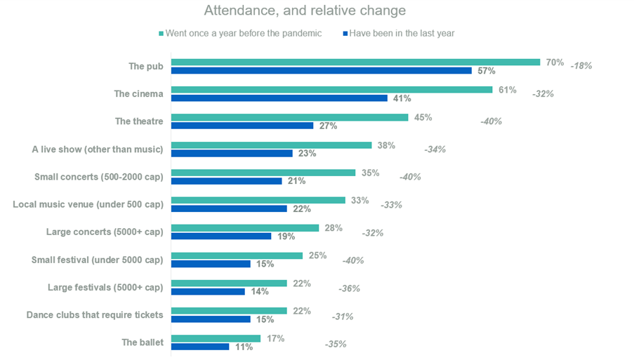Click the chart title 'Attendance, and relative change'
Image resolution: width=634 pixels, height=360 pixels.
304,11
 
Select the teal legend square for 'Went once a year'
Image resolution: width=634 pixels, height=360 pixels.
161,33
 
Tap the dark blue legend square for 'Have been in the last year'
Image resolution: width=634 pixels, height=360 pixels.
347,33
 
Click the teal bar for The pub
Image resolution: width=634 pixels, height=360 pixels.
355,62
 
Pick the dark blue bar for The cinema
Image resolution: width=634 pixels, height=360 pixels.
279,98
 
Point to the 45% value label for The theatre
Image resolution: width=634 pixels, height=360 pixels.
423,117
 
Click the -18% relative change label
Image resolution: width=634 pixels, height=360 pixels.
581,66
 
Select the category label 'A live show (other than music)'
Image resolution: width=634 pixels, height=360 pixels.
98,149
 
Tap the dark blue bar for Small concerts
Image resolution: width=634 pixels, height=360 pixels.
227,181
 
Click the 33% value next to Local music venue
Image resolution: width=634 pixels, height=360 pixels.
359,200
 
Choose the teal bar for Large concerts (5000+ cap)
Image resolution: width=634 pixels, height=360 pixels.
245,227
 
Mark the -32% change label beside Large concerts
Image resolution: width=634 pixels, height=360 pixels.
372,232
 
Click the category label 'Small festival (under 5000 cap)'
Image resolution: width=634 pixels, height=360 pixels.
97,260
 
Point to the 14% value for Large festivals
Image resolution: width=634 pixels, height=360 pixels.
260,291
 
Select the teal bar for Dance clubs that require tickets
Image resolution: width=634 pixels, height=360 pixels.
229,310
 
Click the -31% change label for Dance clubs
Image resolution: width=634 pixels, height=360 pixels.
342,316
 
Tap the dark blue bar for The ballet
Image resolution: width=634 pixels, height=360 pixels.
200,347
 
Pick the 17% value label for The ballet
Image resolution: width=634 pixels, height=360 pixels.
275,338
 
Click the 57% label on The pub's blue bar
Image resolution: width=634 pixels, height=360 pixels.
486,71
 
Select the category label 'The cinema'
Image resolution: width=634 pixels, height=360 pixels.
138,93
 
